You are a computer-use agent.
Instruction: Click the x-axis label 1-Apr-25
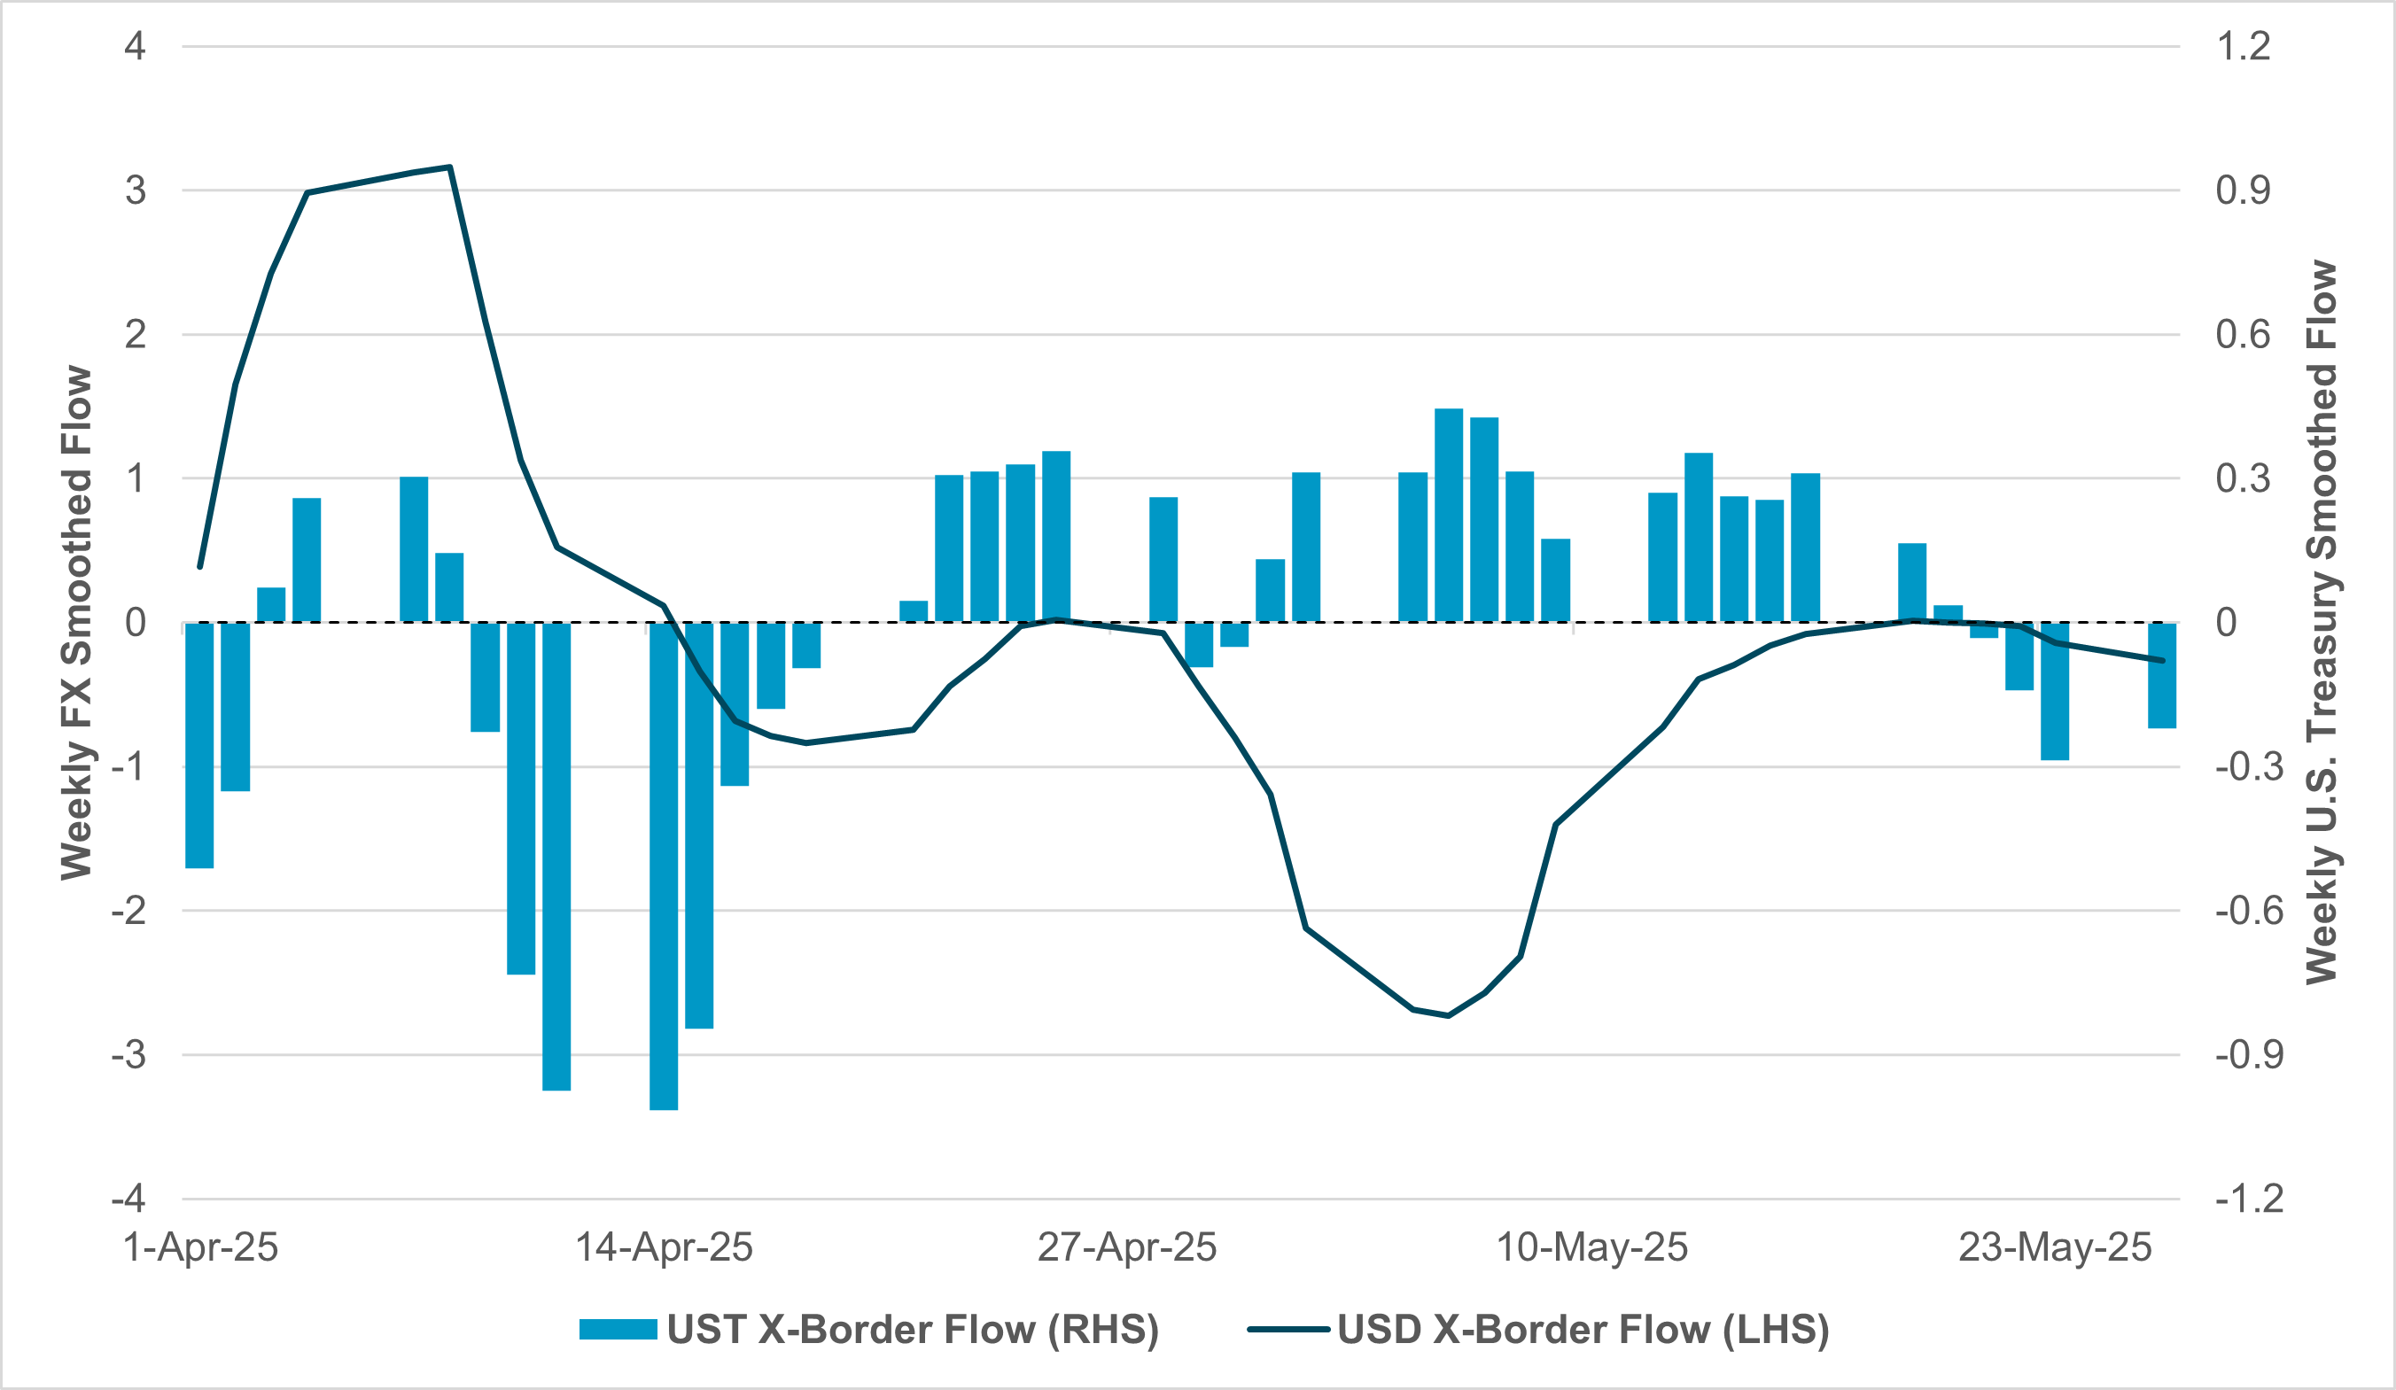coord(200,1247)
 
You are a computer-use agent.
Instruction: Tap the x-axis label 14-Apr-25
coord(664,1247)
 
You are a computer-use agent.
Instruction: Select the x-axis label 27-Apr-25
coord(1127,1247)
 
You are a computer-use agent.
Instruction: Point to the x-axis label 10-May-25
coord(1591,1247)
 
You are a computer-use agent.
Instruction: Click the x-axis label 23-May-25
coord(2055,1247)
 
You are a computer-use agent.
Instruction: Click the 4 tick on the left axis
coord(135,47)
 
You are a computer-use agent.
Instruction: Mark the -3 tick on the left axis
coord(129,1055)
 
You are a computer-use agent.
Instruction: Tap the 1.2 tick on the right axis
coord(2243,47)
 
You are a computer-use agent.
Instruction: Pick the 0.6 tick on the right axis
coord(2243,335)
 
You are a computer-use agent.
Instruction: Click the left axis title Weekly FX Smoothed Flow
coord(77,623)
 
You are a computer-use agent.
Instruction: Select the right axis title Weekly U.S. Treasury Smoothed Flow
coord(2322,623)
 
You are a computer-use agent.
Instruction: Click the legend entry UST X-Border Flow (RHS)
coord(869,1329)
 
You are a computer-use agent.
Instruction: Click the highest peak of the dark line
coord(450,167)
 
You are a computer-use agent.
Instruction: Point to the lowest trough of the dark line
coord(1448,1015)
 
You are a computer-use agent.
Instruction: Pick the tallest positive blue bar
coord(1448,516)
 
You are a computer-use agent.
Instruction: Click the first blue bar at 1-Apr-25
coord(199,745)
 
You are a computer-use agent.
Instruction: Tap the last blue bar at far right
coord(2162,675)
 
